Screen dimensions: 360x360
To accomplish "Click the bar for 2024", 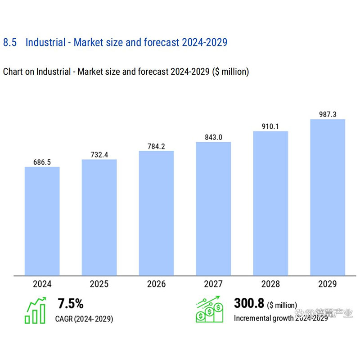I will (x=42, y=221).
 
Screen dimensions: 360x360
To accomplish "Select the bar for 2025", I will (x=99, y=217).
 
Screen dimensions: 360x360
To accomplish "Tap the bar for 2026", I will (x=156, y=213).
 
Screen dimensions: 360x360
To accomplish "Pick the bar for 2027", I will (x=213, y=208).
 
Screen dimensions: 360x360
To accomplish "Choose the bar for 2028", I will (x=270, y=203).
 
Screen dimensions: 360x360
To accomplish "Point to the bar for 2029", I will (x=328, y=197).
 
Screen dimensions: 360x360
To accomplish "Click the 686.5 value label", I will (x=42, y=162).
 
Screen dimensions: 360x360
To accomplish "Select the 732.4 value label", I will (x=99, y=154).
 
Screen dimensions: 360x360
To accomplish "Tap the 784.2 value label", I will (x=156, y=146).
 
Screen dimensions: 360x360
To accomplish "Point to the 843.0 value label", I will (x=213, y=137).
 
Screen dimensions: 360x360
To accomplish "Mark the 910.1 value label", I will (x=270, y=126).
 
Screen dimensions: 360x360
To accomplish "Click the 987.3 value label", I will (x=328, y=114).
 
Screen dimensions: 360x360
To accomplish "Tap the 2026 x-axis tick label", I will (x=156, y=284).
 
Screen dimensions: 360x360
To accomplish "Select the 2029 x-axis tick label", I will (x=328, y=284).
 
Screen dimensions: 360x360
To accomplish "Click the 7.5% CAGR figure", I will (x=71, y=304).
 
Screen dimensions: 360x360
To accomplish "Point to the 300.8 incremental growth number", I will (x=248, y=304).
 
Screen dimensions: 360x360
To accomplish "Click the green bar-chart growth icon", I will (x=36, y=310).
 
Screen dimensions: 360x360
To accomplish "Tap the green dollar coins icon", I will (x=209, y=310).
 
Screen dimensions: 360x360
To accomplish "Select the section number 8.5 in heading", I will (x=10, y=43).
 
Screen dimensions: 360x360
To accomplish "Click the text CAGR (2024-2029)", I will (x=84, y=319).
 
